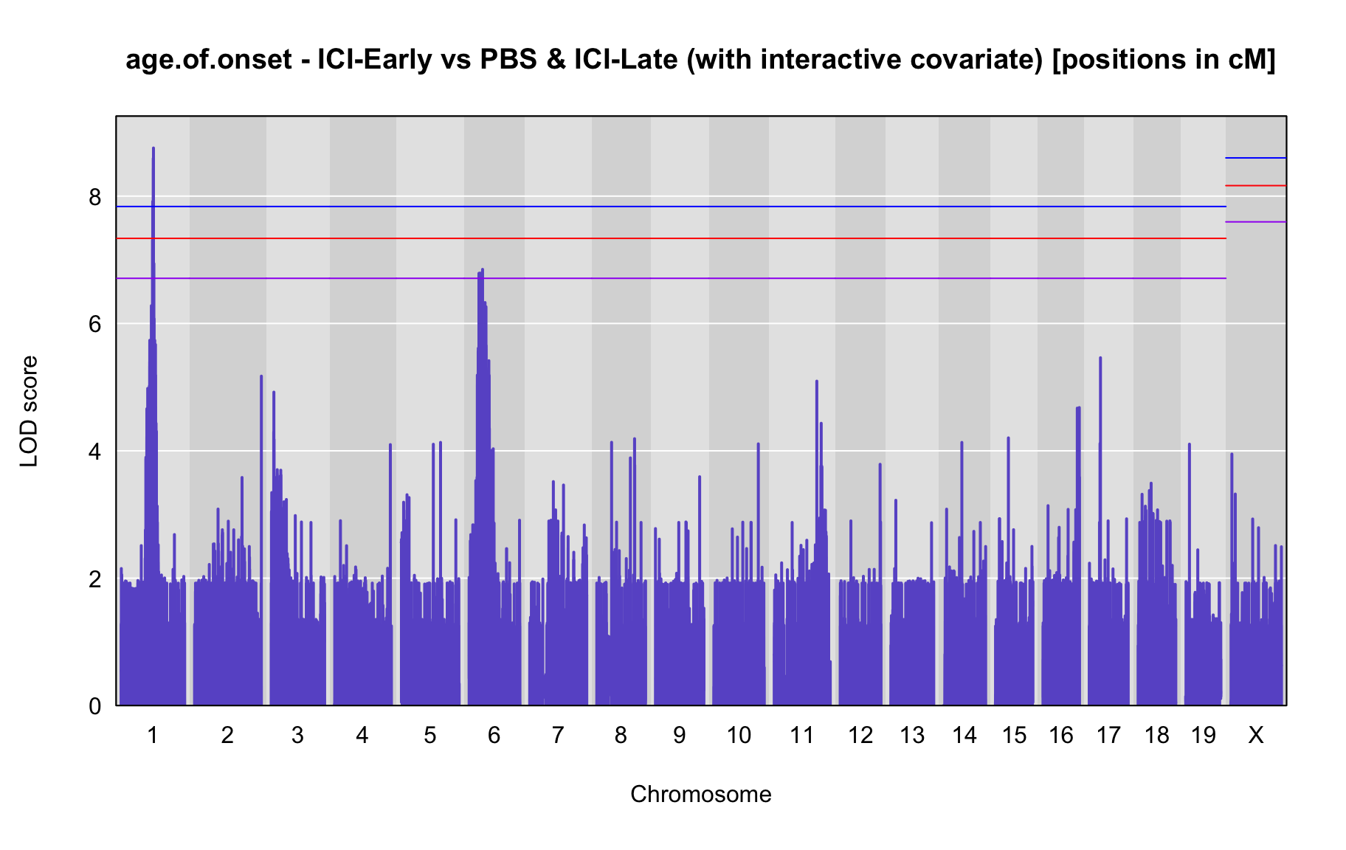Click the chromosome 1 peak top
coord(153,148)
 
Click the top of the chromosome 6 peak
coord(482,270)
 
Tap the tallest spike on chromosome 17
coord(1100,358)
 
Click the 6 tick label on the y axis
coord(95,324)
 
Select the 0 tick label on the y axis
coord(95,706)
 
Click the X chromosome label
coord(1255,735)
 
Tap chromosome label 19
coord(1203,735)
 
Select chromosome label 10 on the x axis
coord(739,735)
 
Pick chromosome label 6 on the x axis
coord(494,735)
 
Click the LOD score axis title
coord(30,411)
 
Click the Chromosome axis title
coord(701,795)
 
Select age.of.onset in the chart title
coord(209,59)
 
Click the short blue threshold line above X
coord(1256,158)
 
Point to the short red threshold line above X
coord(1256,185)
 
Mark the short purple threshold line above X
coord(1256,221)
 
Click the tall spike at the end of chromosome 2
coord(261,376)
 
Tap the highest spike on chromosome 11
coord(816,381)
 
